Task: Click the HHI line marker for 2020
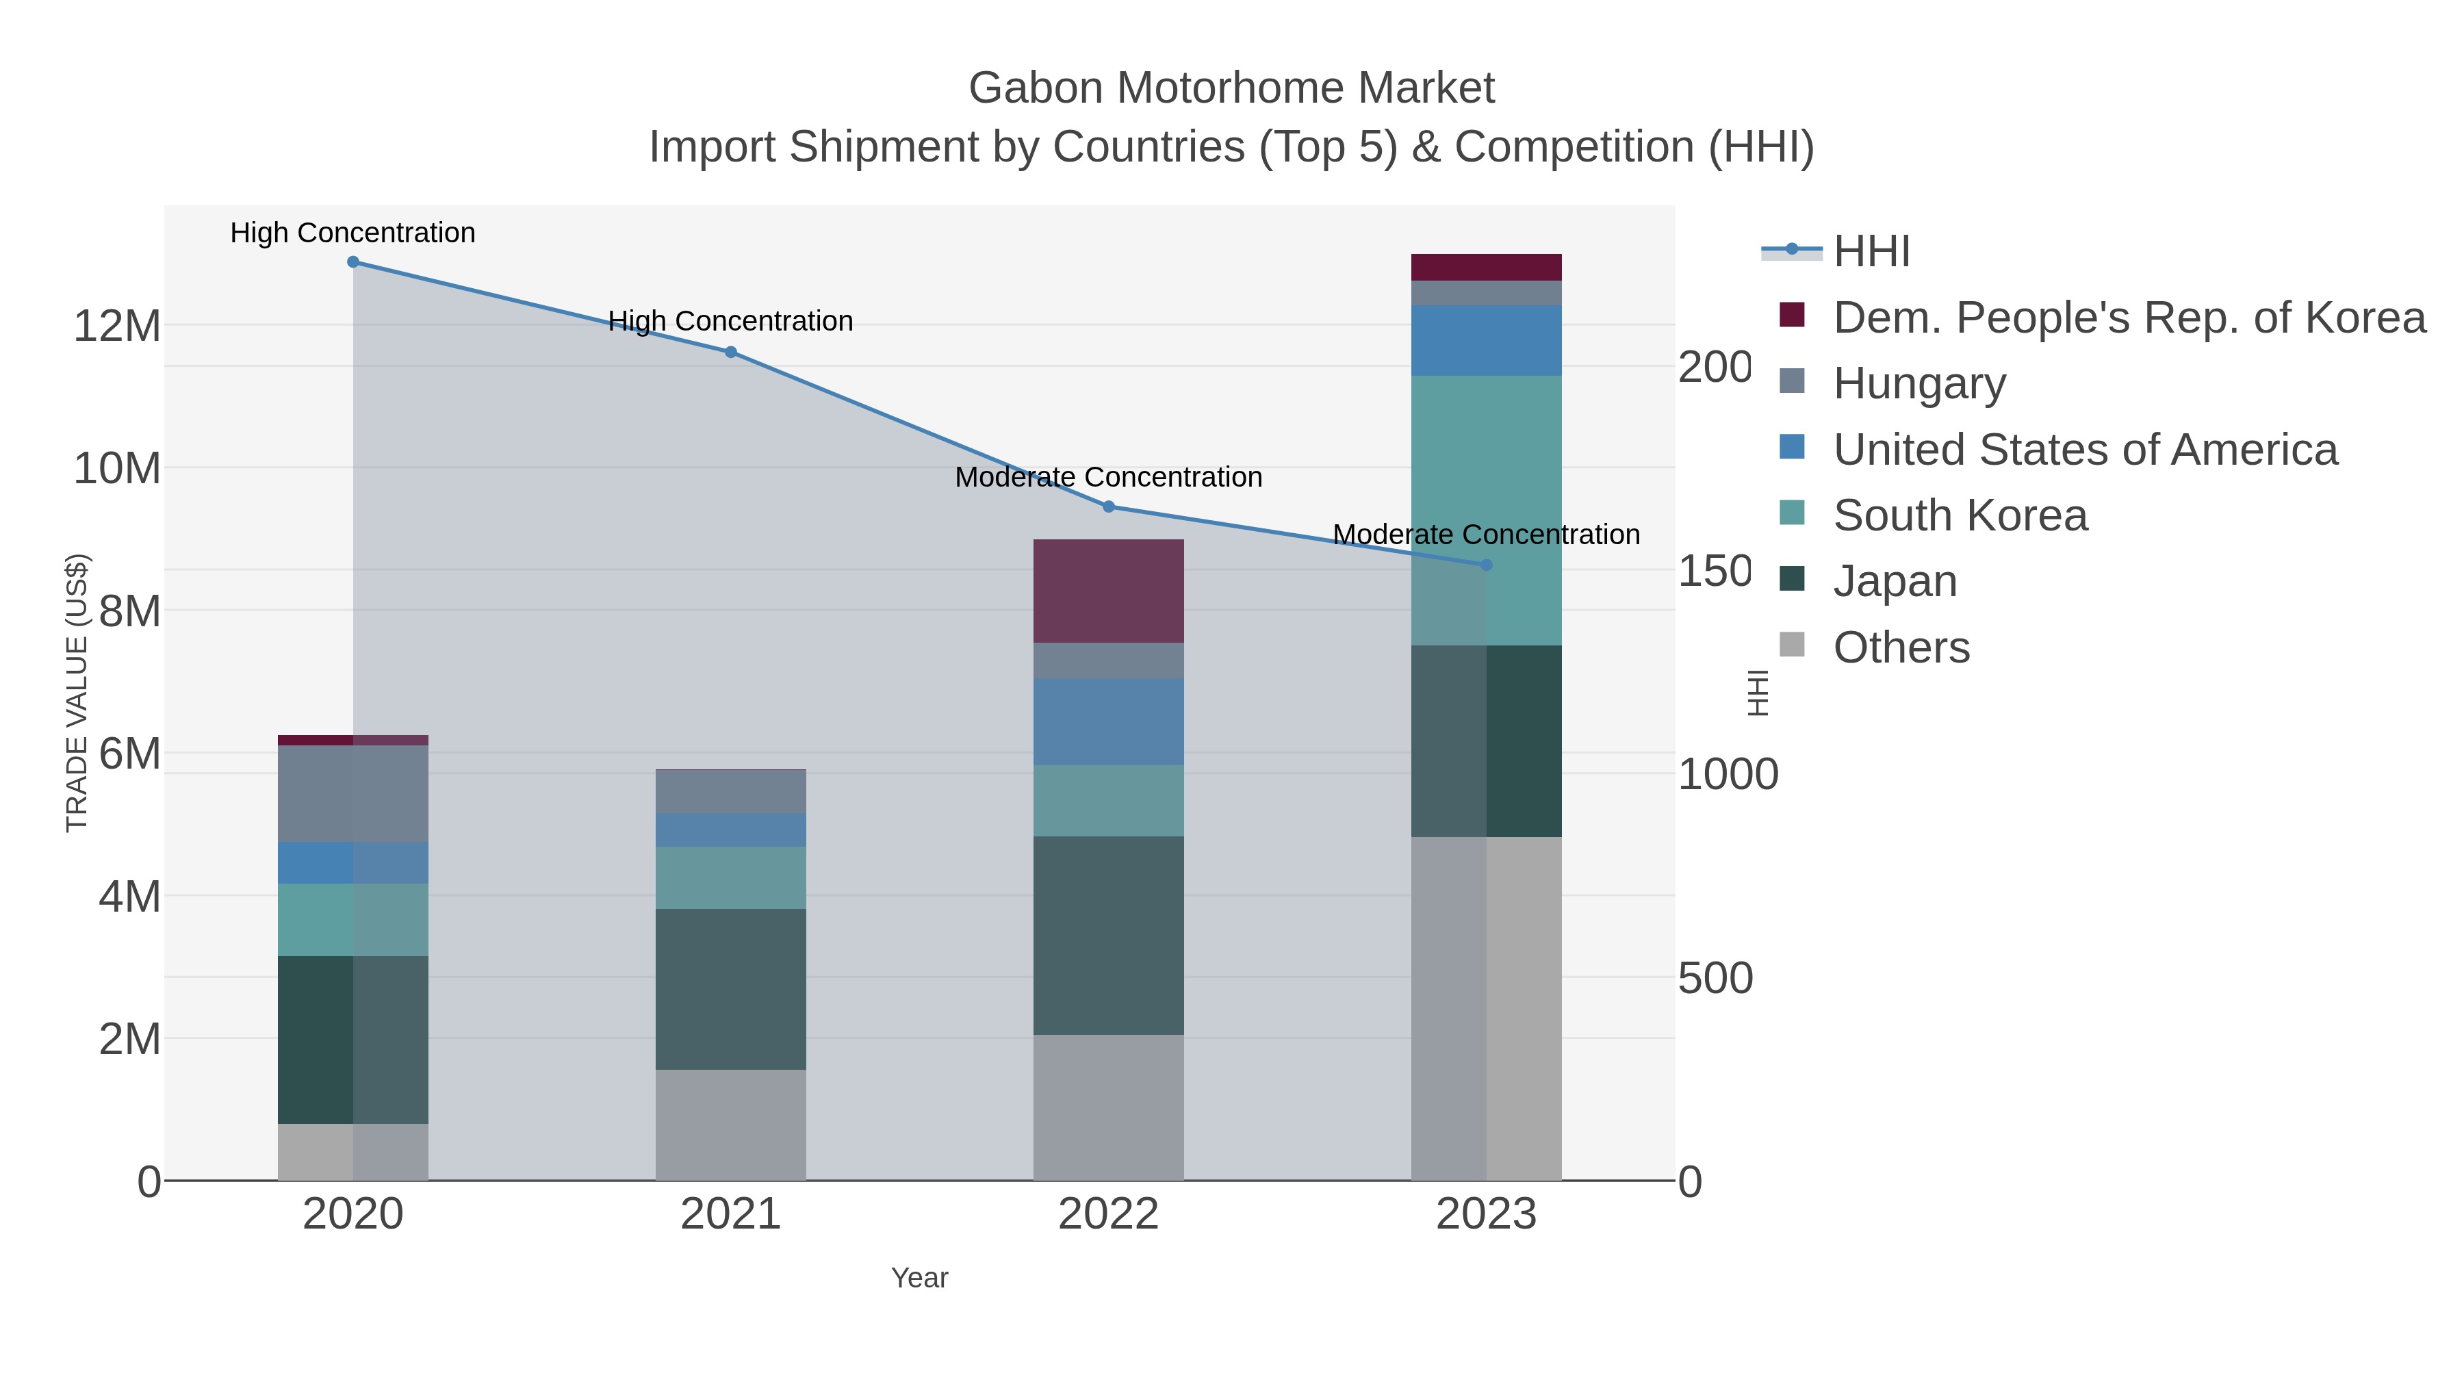pyautogui.click(x=353, y=262)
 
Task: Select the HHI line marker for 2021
pyautogui.click(x=731, y=352)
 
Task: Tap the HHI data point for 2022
pyautogui.click(x=1109, y=507)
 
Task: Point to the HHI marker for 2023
pyautogui.click(x=1485, y=565)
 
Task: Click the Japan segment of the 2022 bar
pyautogui.click(x=1109, y=936)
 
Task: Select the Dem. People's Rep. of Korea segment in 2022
pyautogui.click(x=1109, y=591)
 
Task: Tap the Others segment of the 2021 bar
pyautogui.click(x=731, y=1125)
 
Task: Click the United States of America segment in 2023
pyautogui.click(x=1485, y=341)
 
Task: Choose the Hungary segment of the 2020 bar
pyautogui.click(x=353, y=794)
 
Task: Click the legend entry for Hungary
pyautogui.click(x=1918, y=383)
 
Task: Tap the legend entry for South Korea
pyautogui.click(x=1959, y=515)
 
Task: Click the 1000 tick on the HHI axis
pyautogui.click(x=1728, y=775)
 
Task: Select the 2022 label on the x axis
pyautogui.click(x=1109, y=1215)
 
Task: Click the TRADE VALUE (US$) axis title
pyautogui.click(x=77, y=693)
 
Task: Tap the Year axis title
pyautogui.click(x=919, y=1278)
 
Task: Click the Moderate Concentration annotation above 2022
pyautogui.click(x=1109, y=476)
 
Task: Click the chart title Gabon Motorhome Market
pyautogui.click(x=1231, y=88)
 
